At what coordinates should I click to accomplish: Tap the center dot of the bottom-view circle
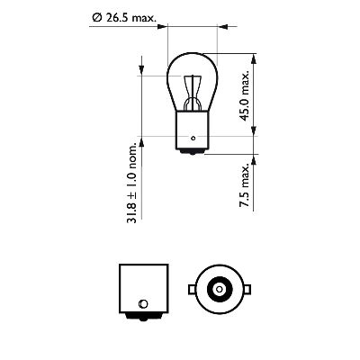point(218,287)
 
